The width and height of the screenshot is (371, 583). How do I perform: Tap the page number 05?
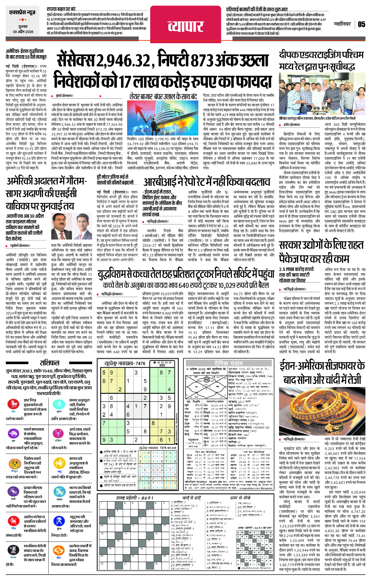tap(361, 24)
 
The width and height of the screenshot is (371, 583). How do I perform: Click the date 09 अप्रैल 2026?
tap(23, 32)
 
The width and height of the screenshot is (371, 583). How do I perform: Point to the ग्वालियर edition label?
tap(342, 24)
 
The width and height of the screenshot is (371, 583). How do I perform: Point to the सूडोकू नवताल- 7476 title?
tap(125, 363)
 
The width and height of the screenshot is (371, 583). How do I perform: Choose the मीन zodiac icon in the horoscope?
tap(59, 550)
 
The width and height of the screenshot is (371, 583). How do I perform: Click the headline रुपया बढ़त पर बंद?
tap(61, 9)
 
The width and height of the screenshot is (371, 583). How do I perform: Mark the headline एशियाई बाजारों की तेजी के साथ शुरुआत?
tap(257, 9)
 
